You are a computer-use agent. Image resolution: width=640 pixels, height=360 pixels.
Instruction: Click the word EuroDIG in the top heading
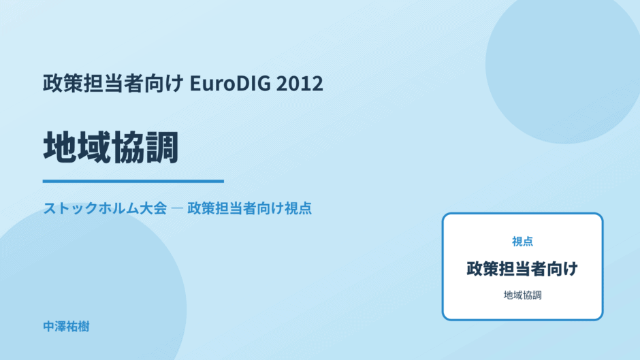coord(230,83)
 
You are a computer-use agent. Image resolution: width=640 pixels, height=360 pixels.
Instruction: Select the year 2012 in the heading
coord(300,83)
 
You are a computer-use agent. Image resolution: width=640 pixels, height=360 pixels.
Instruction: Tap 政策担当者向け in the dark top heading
coord(114,83)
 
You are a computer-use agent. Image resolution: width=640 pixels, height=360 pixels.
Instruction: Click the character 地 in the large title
coord(60,148)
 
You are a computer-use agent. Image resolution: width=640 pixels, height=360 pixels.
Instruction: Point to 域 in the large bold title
coord(93,148)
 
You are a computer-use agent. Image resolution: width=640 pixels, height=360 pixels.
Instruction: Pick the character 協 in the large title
coord(127,148)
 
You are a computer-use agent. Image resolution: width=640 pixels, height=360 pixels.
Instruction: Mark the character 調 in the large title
coord(161,148)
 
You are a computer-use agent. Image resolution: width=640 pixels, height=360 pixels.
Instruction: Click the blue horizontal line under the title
coord(133,181)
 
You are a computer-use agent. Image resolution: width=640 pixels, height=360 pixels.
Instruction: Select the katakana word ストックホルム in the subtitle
coord(91,208)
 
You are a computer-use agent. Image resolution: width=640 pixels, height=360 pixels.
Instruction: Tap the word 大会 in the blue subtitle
coord(153,208)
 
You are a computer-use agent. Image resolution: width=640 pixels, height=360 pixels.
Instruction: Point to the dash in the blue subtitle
coord(177,208)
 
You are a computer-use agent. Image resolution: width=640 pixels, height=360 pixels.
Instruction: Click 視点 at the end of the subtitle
coord(298,208)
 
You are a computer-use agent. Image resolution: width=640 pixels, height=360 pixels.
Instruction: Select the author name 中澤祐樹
coord(66,327)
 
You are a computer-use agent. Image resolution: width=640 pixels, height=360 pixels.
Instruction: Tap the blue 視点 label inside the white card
coord(522,242)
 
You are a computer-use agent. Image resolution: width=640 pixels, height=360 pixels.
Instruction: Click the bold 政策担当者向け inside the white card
coord(522,269)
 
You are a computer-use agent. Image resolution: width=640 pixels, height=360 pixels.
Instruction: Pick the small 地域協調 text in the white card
coord(522,295)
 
